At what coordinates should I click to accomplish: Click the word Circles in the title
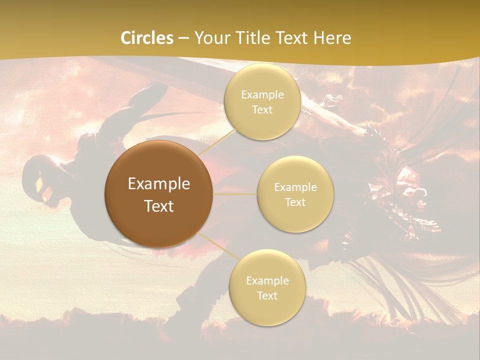147,38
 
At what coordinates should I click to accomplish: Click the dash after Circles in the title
183,38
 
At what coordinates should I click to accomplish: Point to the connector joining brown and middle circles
235,194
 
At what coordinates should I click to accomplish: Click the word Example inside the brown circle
159,184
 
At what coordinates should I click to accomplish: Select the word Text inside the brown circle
159,206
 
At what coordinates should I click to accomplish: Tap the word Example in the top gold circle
262,95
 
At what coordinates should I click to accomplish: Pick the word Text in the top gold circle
262,110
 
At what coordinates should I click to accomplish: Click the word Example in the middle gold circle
295,187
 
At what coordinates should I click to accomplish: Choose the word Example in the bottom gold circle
267,281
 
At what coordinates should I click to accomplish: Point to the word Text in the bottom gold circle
267,296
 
